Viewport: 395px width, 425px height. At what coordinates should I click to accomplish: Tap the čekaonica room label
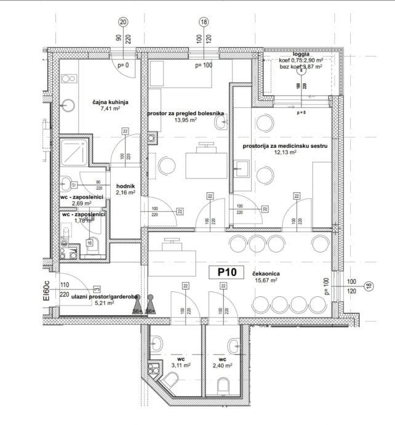coord(267,272)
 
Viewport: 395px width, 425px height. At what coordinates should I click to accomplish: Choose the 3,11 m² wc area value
coord(181,365)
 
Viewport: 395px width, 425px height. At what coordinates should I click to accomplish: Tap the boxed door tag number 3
coord(97,288)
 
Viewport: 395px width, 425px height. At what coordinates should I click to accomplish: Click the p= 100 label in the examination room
coord(203,65)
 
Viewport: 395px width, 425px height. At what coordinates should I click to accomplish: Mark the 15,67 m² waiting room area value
coord(267,279)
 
